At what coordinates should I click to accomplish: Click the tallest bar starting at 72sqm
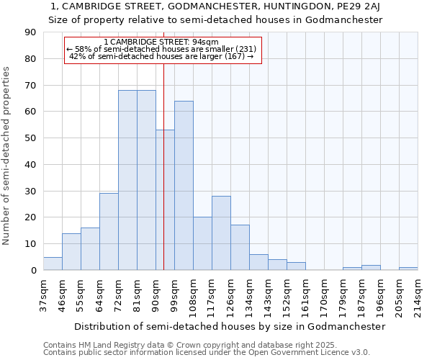pos(127,180)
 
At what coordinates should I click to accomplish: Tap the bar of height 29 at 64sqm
pos(109,232)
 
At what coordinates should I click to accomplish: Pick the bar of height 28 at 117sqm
pos(221,233)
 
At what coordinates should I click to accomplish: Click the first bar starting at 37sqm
pos(53,264)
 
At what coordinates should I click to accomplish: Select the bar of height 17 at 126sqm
pos(240,248)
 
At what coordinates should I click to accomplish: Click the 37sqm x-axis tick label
pos(44,294)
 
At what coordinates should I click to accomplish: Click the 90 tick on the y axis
pos(30,32)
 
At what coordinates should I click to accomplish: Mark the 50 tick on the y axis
pos(30,138)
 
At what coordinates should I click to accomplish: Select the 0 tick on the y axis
pos(33,270)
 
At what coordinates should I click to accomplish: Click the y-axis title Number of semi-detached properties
pos(7,156)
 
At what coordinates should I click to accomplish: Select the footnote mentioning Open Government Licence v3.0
pos(207,352)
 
